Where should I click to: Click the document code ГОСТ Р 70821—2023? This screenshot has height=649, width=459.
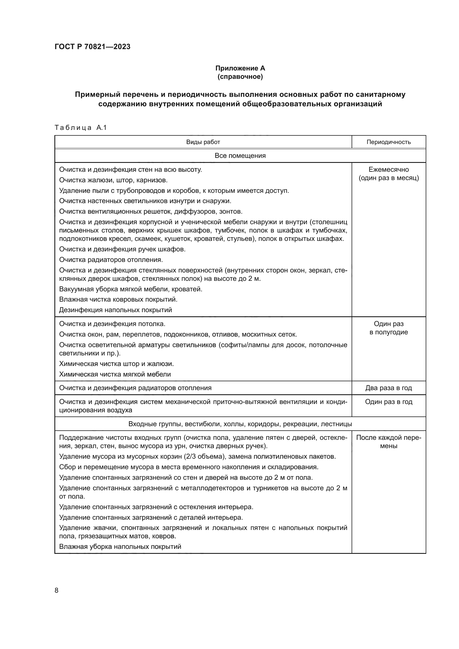[x=92, y=47]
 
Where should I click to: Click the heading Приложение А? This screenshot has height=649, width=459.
[x=240, y=68]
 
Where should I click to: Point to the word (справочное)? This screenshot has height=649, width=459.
[x=240, y=77]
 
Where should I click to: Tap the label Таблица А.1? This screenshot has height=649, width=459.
[x=80, y=128]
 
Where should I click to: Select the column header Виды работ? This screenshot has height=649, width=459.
[x=203, y=142]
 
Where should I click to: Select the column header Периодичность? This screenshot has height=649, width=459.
[x=389, y=142]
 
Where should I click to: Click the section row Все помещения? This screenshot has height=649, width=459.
[x=240, y=155]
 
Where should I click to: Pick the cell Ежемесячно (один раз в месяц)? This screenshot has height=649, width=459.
[x=389, y=173]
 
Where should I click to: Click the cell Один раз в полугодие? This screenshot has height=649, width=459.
[x=389, y=328]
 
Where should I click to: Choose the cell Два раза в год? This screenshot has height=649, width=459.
[x=389, y=388]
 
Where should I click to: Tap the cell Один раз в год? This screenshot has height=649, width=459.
[x=389, y=402]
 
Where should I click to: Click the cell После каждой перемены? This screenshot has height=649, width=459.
[x=389, y=441]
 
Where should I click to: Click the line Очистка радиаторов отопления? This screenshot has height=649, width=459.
[x=111, y=259]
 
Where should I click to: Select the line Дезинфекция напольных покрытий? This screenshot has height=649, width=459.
[x=115, y=310]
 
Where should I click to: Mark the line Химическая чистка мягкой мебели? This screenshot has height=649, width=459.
[x=115, y=374]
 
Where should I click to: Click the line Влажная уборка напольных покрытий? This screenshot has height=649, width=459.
[x=120, y=546]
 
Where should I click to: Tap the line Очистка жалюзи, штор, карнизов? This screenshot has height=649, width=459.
[x=113, y=180]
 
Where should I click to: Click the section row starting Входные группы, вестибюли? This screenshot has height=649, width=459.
[x=240, y=424]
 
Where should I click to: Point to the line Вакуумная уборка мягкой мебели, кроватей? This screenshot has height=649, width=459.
[x=131, y=289]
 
